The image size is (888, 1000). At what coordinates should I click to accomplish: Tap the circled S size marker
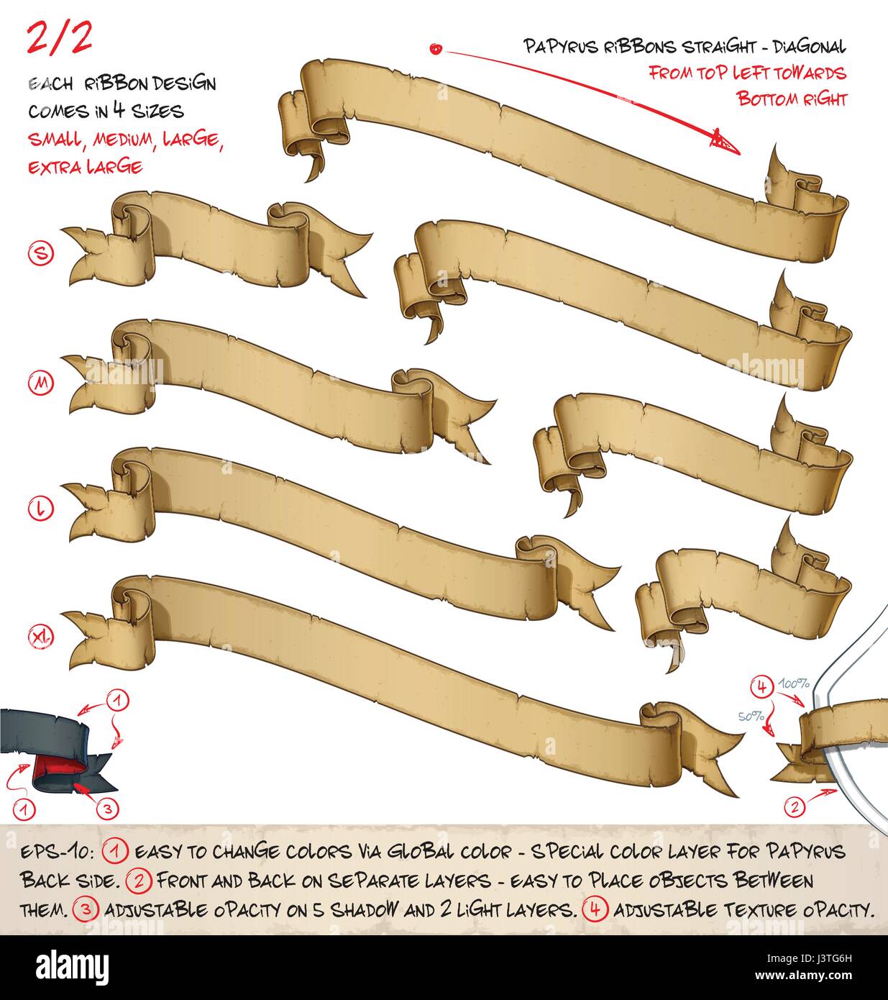(x=41, y=253)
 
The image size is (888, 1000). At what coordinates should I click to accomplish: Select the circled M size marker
(x=41, y=383)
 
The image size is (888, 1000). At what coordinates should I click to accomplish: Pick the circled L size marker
(x=40, y=509)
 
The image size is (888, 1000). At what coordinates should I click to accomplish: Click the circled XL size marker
(x=40, y=636)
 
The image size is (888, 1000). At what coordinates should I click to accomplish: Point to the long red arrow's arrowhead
(x=724, y=142)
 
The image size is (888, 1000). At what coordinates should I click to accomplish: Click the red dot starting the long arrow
(x=436, y=49)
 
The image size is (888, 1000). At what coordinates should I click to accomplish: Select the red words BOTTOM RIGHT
(x=792, y=99)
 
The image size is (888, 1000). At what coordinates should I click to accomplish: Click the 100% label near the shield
(x=795, y=683)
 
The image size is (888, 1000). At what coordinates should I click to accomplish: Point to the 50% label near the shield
(x=751, y=716)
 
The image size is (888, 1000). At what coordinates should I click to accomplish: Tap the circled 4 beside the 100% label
(x=762, y=687)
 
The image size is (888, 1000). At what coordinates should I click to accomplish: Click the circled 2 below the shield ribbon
(x=795, y=807)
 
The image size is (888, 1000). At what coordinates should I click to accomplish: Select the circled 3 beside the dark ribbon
(x=107, y=809)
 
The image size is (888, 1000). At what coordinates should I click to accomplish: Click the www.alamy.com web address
(x=804, y=976)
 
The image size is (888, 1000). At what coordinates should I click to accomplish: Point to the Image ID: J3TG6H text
(x=809, y=958)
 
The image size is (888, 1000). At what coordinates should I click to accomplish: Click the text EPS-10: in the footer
(x=57, y=852)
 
